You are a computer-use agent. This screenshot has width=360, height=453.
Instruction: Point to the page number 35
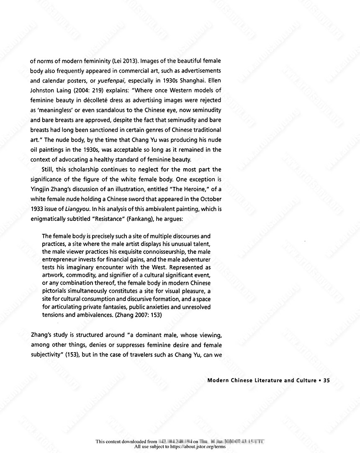(327, 381)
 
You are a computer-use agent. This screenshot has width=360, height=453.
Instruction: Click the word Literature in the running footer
(264, 381)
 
